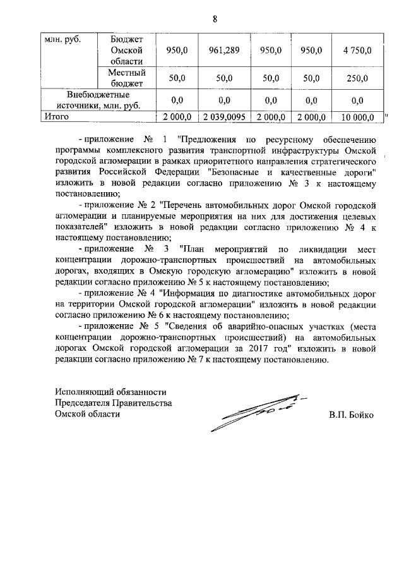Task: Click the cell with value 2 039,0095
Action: [223, 117]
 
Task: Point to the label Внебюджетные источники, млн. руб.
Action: [95, 100]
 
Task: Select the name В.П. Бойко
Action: [351, 416]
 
